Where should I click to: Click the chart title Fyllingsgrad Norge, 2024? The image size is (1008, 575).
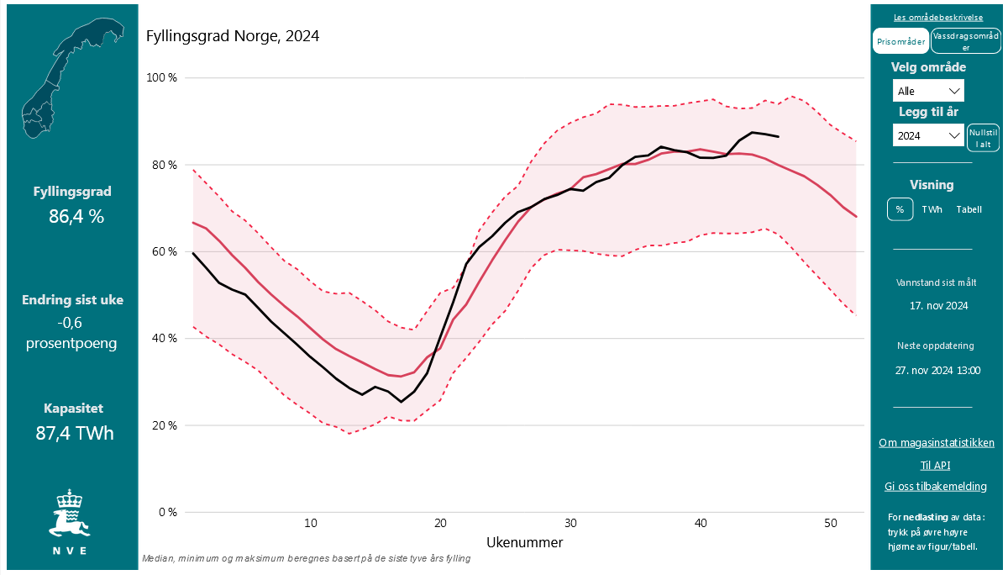pyautogui.click(x=233, y=36)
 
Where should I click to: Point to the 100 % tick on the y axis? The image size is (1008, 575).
pyautogui.click(x=162, y=78)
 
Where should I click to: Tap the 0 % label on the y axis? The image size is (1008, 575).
pyautogui.click(x=168, y=512)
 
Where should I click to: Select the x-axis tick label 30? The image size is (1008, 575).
pyautogui.click(x=570, y=523)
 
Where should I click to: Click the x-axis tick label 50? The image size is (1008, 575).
pyautogui.click(x=831, y=523)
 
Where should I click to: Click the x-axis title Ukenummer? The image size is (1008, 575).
pyautogui.click(x=524, y=542)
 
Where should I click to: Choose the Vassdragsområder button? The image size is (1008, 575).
pyautogui.click(x=966, y=41)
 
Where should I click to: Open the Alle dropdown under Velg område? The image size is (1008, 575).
pyautogui.click(x=928, y=91)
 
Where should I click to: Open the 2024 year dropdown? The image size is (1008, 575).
pyautogui.click(x=928, y=135)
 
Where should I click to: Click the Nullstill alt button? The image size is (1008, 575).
pyautogui.click(x=983, y=137)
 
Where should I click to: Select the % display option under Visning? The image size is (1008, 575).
pyautogui.click(x=900, y=209)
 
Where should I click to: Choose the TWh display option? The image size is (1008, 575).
pyautogui.click(x=932, y=209)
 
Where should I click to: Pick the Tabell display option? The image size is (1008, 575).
pyautogui.click(x=969, y=209)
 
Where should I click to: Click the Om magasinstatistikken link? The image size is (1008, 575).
pyautogui.click(x=936, y=443)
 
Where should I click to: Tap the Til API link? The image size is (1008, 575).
pyautogui.click(x=935, y=465)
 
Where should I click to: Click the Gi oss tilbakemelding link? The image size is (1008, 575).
pyautogui.click(x=935, y=487)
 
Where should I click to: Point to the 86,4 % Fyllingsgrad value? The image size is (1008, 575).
pyautogui.click(x=76, y=216)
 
